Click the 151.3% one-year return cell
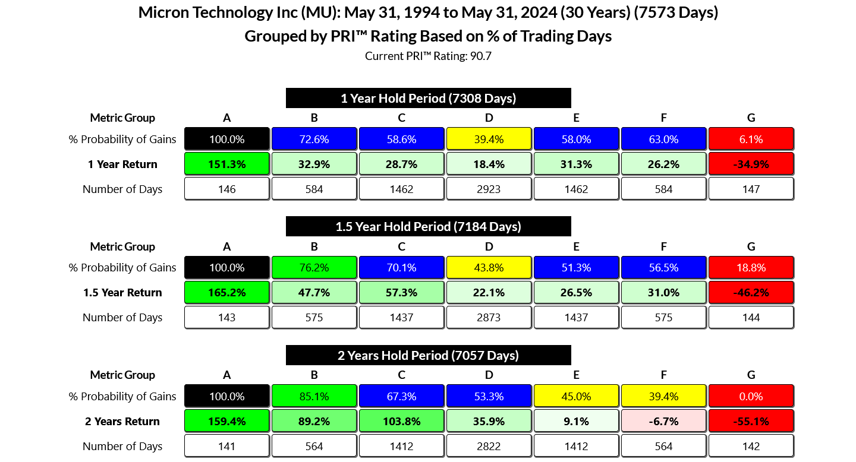pos(226,164)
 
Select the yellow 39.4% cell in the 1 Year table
pos(489,140)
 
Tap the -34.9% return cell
pos(751,164)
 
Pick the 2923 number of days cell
pos(489,189)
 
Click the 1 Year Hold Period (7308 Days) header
pos(428,98)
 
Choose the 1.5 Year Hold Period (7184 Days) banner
pos(428,226)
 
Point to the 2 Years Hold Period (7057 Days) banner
pos(428,355)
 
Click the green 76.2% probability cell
pos(314,268)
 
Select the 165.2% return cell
pos(226,293)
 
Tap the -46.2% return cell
pos(751,293)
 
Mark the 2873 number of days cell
pos(489,318)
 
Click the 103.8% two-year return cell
pos(401,422)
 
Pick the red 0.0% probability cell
pos(751,397)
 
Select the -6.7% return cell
pos(663,422)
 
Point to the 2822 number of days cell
pos(489,447)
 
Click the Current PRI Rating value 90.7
pos(480,56)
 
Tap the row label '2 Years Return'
pos(122,422)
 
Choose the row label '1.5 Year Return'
pos(122,293)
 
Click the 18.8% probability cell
pos(751,268)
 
